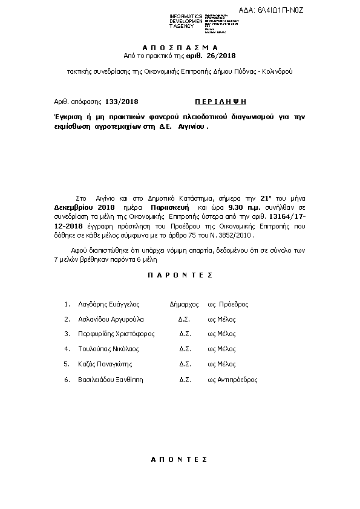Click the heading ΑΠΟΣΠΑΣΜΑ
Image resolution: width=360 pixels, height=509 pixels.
[180, 47]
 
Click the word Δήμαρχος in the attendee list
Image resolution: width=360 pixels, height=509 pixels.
[185, 305]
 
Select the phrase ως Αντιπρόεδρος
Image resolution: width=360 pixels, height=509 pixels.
[232, 380]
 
